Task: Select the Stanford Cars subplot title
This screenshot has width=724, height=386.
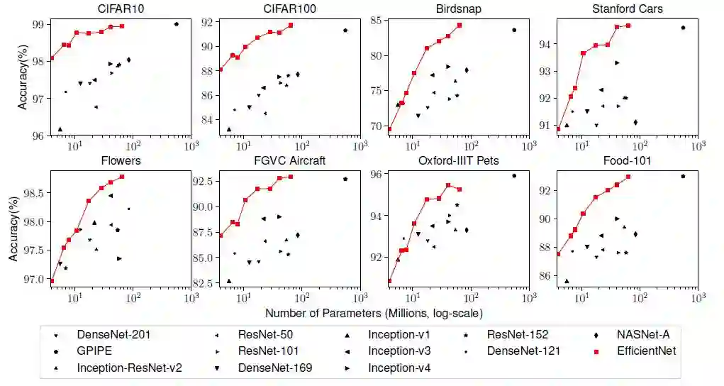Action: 628,9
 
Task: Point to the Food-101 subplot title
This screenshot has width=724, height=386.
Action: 628,160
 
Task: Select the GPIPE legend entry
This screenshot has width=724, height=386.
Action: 95,351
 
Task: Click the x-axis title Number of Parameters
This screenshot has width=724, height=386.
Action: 374,313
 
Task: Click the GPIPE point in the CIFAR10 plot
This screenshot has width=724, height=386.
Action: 176,24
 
